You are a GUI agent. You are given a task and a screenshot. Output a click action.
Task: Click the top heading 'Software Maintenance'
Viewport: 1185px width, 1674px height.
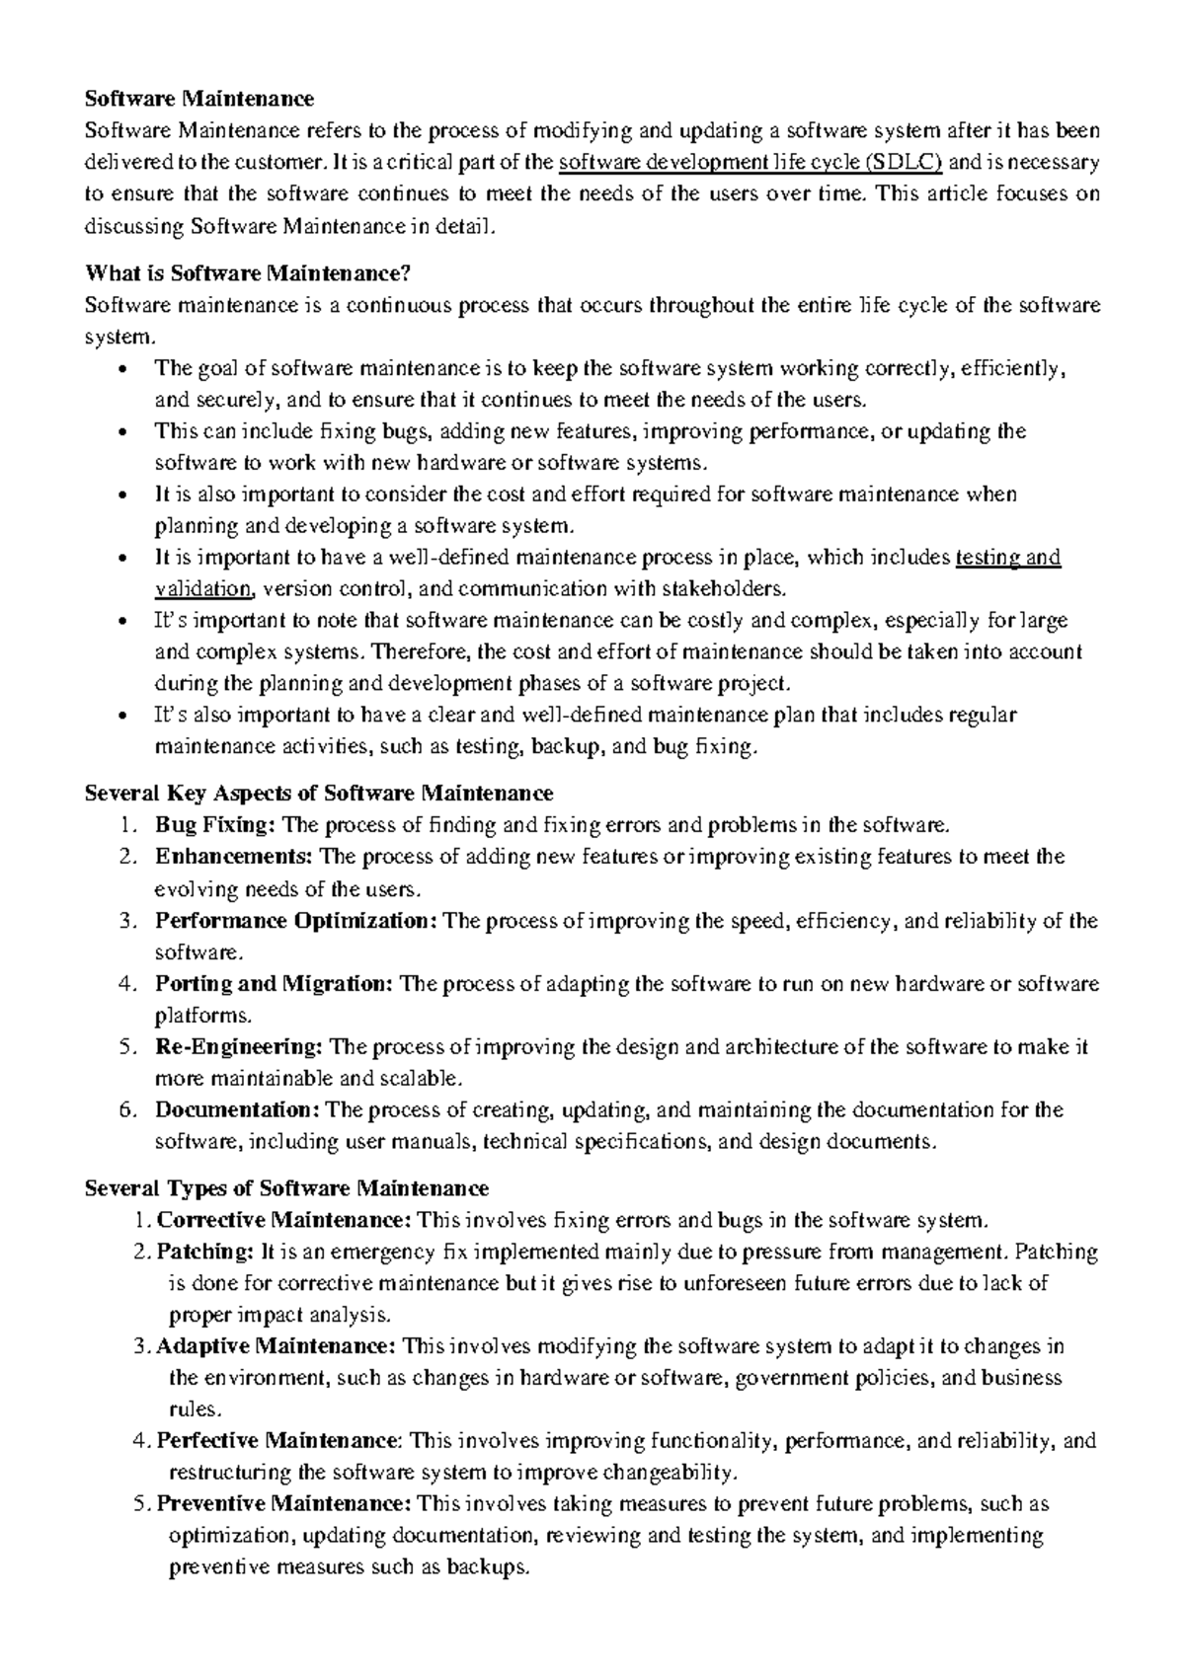[199, 99]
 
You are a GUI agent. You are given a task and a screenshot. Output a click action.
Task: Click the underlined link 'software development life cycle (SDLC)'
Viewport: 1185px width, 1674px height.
[750, 162]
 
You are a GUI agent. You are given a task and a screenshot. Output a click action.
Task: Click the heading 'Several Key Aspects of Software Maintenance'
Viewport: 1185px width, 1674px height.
[319, 793]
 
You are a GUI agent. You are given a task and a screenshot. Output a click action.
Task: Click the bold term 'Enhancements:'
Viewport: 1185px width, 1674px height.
[234, 857]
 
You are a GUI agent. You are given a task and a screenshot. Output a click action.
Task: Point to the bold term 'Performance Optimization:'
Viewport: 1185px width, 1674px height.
[295, 921]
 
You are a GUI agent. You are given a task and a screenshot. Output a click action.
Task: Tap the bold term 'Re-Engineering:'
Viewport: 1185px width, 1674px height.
[239, 1047]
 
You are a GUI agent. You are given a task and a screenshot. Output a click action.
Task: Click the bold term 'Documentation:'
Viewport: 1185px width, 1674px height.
[237, 1110]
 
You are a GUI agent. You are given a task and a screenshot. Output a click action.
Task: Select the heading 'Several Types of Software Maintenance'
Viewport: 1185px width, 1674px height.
[286, 1187]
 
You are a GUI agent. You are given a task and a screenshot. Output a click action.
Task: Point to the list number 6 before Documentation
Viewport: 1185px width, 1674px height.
[125, 1110]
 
